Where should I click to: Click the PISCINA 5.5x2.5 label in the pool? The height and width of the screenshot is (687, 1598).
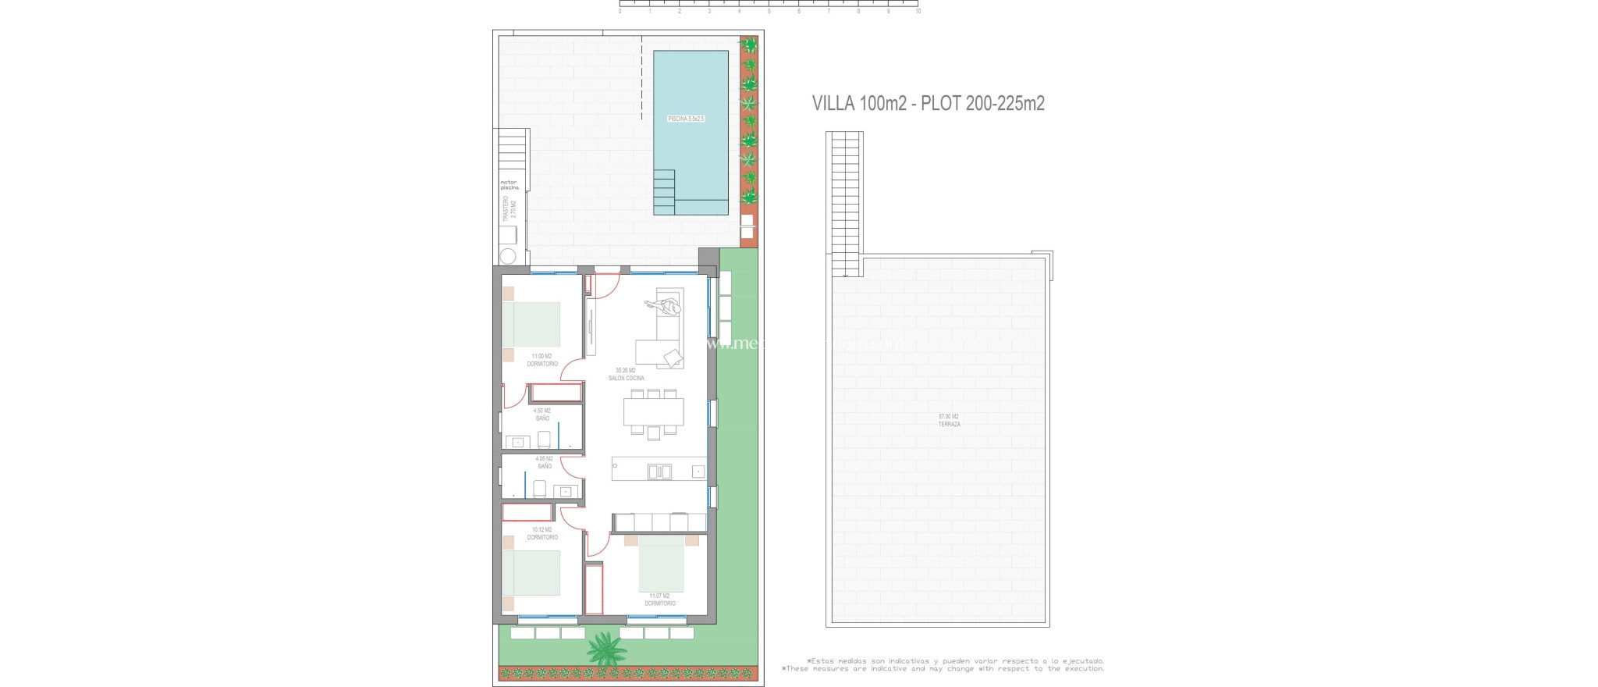(686, 119)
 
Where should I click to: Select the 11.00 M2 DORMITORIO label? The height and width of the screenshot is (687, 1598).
(542, 360)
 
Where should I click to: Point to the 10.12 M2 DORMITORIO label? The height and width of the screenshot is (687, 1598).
(542, 533)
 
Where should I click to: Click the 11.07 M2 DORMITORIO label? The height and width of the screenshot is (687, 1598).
(659, 600)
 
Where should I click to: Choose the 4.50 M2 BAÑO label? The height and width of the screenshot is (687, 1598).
(542, 415)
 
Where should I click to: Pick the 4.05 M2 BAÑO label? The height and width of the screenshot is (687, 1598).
(544, 463)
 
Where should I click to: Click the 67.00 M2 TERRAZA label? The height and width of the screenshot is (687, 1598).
(949, 420)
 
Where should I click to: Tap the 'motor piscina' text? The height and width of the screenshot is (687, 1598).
(509, 185)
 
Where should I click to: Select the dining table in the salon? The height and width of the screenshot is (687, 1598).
(653, 411)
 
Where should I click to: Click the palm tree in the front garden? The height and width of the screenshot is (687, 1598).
(606, 649)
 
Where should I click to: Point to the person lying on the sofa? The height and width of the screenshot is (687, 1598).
(662, 307)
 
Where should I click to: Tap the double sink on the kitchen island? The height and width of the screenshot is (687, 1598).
(659, 471)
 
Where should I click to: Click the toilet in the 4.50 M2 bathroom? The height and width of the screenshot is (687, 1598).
(545, 439)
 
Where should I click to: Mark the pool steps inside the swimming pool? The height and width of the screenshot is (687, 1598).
(663, 192)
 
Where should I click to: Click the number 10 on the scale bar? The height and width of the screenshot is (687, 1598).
(918, 12)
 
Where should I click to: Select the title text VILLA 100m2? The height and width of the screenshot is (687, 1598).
(859, 103)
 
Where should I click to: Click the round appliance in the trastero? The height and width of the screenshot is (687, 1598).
(508, 255)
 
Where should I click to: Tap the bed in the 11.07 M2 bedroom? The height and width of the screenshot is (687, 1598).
(661, 564)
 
